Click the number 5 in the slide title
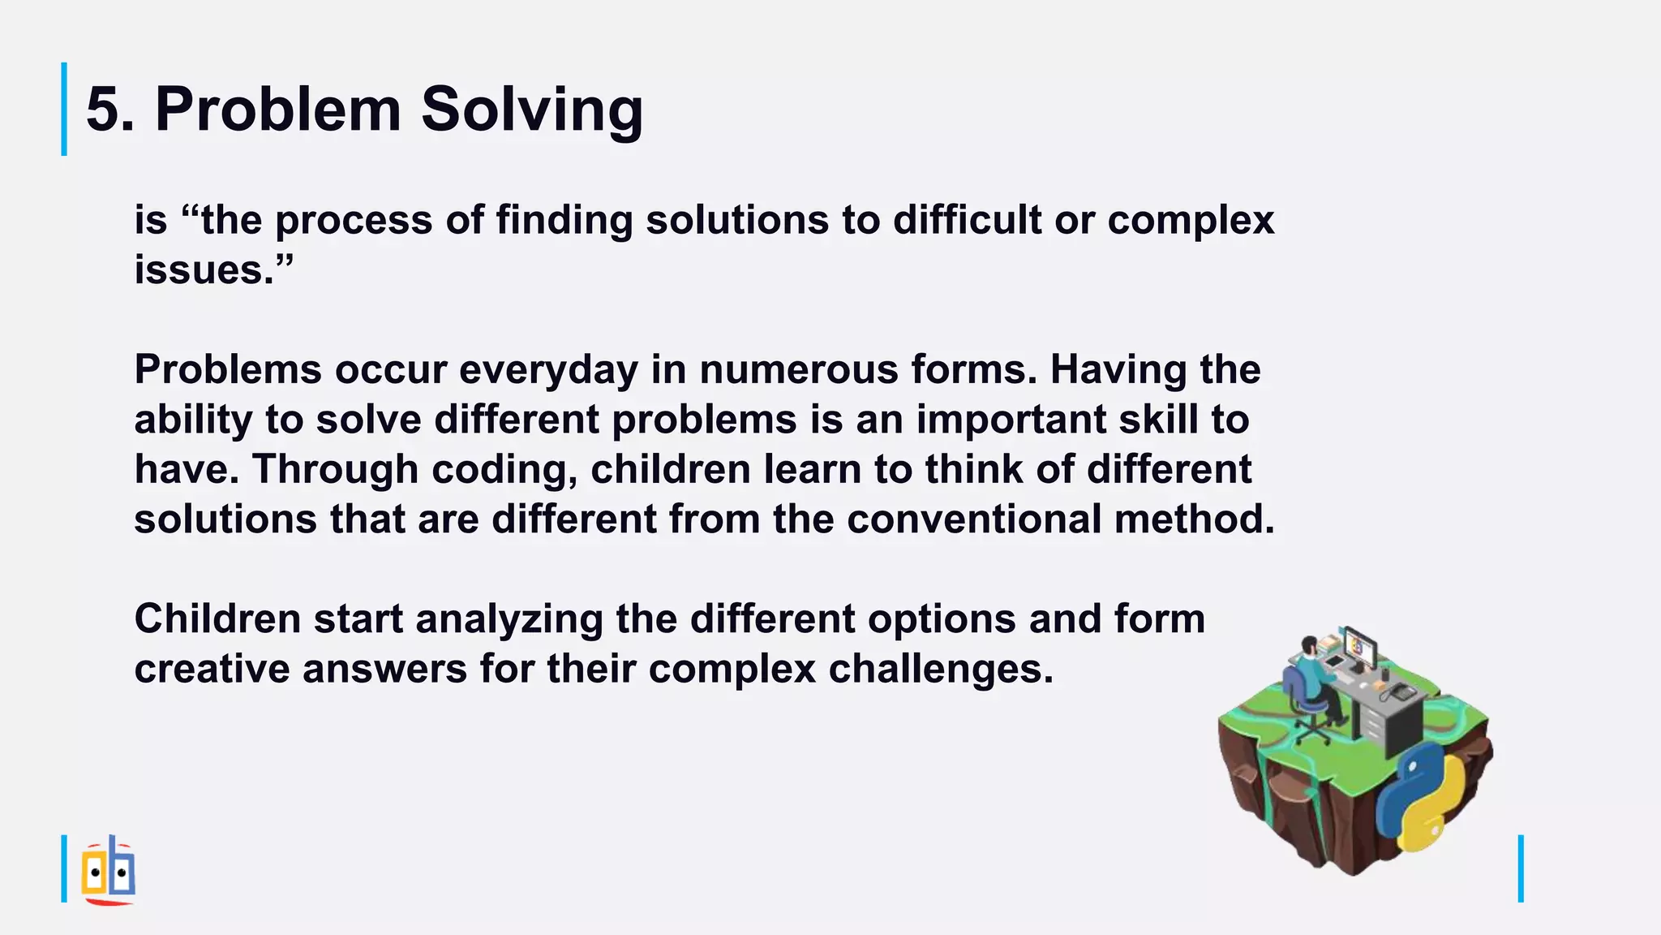click(x=104, y=109)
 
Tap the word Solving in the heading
click(x=532, y=110)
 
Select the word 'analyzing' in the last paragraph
click(x=509, y=619)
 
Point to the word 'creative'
click(x=212, y=670)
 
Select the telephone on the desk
click(x=1401, y=692)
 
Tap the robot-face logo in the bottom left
click(x=108, y=871)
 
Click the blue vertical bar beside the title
click(x=64, y=109)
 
